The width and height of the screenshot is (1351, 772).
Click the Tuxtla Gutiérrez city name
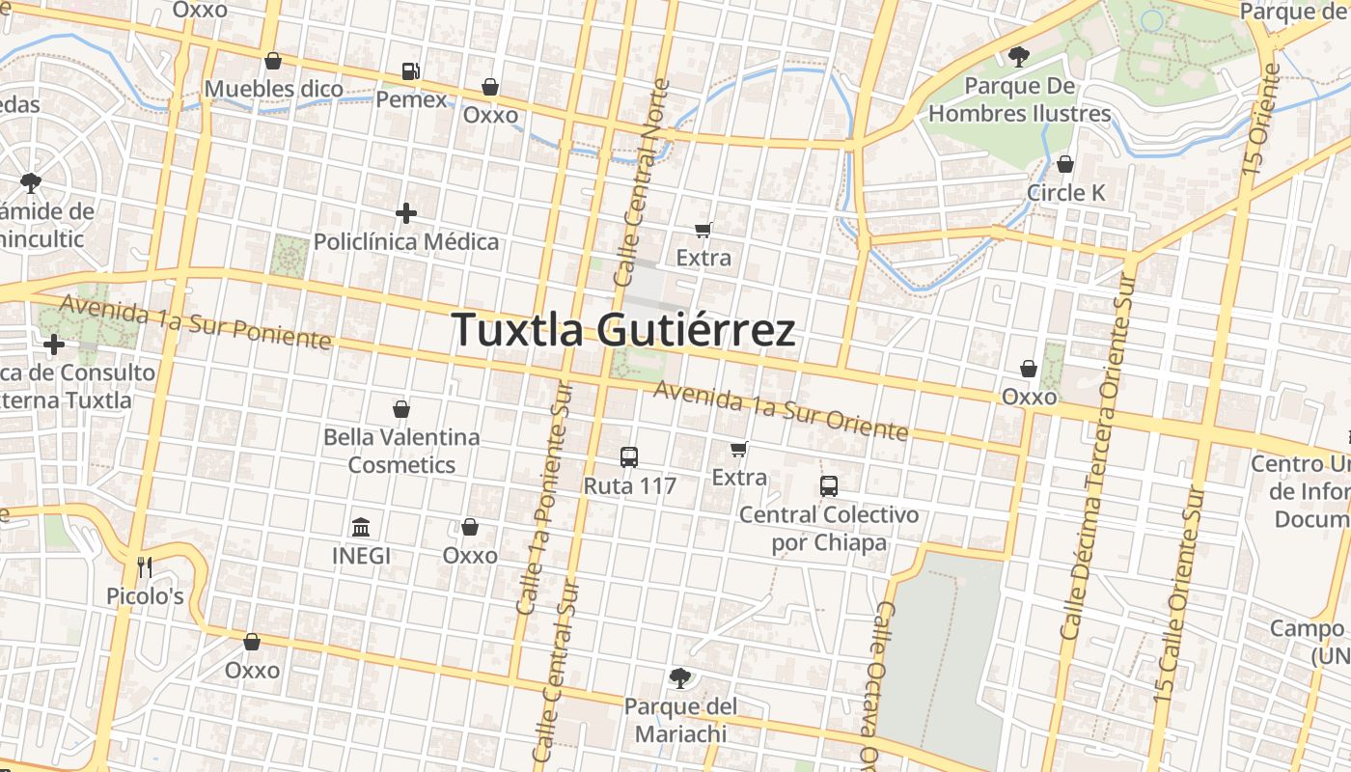[623, 330]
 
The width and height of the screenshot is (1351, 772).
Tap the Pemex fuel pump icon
[411, 71]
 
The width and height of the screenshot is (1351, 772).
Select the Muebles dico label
[274, 90]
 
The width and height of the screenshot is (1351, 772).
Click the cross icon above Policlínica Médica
[406, 213]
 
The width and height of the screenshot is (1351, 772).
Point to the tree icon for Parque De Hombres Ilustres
[1018, 57]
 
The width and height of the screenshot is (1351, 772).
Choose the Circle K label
[1065, 193]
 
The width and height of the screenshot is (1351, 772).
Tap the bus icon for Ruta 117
[629, 457]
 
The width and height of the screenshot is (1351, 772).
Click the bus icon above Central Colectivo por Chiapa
[829, 486]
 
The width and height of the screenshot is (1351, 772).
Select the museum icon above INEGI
[361, 528]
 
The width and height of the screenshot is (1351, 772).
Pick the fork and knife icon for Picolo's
[145, 567]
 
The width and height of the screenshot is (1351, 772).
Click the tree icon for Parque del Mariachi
[680, 678]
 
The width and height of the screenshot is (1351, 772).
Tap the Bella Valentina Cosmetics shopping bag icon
[401, 409]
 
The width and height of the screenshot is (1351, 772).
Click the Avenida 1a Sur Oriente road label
[781, 411]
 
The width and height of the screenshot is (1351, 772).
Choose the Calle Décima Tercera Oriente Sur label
[1098, 454]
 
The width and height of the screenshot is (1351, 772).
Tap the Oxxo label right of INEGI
[470, 556]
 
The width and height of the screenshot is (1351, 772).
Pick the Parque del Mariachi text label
[680, 720]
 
